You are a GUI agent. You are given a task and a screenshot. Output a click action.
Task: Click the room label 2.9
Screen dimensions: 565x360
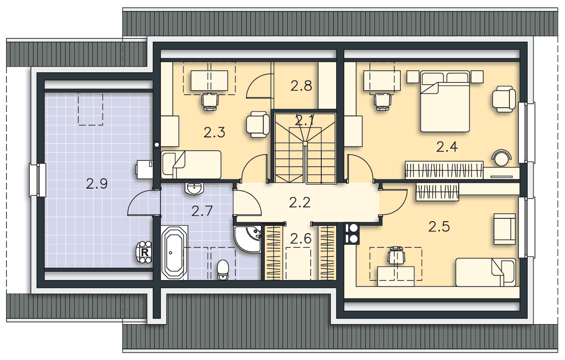point(97,184)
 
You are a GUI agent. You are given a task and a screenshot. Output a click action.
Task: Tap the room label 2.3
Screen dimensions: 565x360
point(215,132)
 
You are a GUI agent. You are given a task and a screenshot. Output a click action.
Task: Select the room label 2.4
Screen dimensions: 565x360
point(447,146)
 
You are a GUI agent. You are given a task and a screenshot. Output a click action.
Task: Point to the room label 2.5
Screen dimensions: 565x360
point(439,226)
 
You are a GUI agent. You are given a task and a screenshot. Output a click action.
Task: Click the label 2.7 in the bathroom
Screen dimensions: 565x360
point(202,211)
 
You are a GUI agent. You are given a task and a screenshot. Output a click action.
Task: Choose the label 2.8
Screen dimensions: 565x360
point(301,86)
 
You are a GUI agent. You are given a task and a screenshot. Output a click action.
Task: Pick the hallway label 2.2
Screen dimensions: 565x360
point(300,202)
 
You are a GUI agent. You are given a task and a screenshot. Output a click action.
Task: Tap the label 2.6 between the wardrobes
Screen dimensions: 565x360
point(301,238)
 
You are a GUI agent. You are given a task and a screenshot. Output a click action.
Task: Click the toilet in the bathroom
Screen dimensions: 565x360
point(223,270)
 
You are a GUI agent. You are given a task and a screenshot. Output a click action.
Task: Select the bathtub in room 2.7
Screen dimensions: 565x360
point(174,253)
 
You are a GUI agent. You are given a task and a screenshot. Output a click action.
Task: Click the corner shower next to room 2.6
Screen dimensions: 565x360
point(248,239)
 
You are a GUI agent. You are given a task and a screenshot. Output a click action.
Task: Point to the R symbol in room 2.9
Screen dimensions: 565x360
point(145,253)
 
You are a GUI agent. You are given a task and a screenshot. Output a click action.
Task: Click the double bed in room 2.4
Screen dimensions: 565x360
point(445,101)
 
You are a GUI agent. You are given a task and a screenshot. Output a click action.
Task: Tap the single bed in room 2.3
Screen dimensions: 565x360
point(191,165)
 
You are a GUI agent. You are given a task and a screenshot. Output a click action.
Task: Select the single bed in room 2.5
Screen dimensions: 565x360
point(486,272)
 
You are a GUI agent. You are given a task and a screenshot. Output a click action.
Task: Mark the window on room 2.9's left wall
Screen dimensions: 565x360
point(37,180)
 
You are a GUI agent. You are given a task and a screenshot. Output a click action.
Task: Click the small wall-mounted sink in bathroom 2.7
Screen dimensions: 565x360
point(194,189)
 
